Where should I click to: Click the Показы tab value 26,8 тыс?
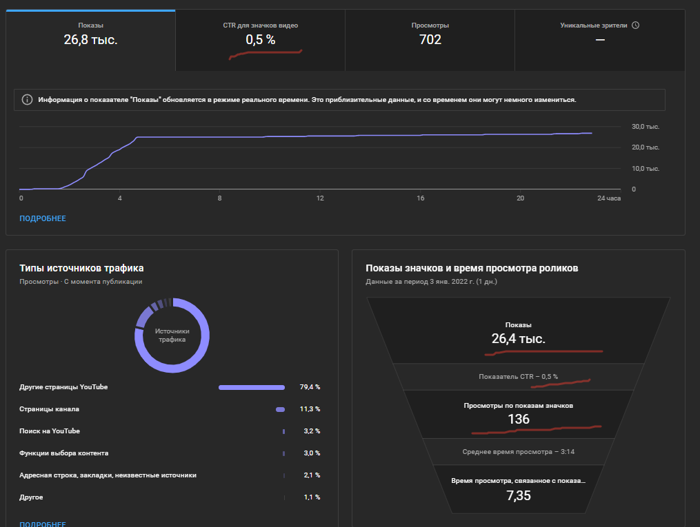tap(90, 40)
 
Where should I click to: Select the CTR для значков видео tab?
tap(260, 25)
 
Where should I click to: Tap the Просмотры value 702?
tap(430, 40)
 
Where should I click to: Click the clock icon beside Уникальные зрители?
tap(636, 25)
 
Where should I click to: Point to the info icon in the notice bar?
tap(27, 100)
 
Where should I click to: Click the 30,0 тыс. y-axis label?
tap(646, 127)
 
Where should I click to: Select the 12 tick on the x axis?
tap(320, 198)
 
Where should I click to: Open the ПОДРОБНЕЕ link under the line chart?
tap(43, 218)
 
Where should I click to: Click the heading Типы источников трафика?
tap(81, 268)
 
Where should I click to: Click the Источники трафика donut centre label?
tap(172, 335)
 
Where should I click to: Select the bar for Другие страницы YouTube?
tap(252, 387)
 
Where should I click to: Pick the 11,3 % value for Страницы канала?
tap(310, 409)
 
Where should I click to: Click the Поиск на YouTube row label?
tap(50, 431)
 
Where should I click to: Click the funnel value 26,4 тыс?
tap(519, 339)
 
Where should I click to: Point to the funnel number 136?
tap(519, 420)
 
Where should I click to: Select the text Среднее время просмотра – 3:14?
tap(518, 453)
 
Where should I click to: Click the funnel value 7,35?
tap(519, 495)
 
